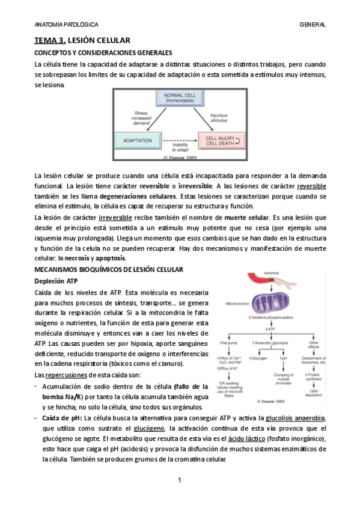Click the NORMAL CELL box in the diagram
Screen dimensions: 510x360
(180, 98)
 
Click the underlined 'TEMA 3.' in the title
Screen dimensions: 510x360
(49, 40)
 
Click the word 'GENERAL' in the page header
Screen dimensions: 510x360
(313, 25)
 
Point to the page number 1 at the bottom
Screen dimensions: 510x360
(180, 480)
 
